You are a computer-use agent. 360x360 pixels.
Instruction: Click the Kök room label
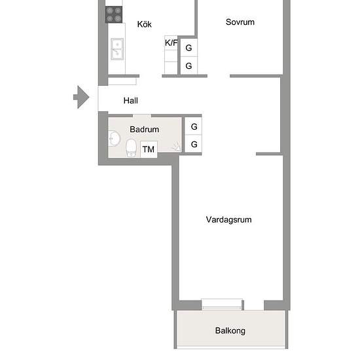[x=145, y=24]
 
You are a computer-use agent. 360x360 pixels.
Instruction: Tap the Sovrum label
[x=240, y=22]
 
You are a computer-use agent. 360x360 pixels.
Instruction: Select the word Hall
[x=131, y=101]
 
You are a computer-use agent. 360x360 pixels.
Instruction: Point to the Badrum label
[x=144, y=130]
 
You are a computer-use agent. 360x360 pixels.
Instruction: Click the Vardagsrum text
[x=228, y=220]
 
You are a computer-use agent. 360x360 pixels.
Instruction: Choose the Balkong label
[x=230, y=331]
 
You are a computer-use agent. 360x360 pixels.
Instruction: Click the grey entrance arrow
[x=81, y=98]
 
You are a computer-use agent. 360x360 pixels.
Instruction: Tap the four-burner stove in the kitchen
[x=114, y=14]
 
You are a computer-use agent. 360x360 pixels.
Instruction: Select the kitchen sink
[x=117, y=48]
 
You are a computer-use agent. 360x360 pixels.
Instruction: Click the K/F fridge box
[x=171, y=43]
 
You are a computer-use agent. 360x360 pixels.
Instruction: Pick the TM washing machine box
[x=149, y=150]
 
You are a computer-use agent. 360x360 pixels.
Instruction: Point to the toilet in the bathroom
[x=131, y=148]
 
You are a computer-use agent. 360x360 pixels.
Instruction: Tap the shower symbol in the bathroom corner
[x=176, y=149]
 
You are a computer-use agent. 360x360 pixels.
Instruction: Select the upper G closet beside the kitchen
[x=189, y=48]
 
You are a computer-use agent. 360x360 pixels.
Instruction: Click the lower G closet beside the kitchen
[x=189, y=66]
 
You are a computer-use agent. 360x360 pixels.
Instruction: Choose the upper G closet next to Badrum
[x=194, y=128]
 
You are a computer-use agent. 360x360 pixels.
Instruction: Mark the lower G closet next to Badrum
[x=194, y=145]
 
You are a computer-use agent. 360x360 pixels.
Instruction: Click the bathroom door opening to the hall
[x=142, y=116]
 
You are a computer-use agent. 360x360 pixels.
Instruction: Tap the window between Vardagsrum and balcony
[x=222, y=303]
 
